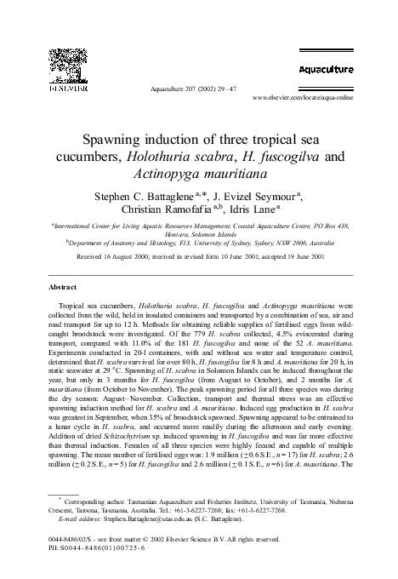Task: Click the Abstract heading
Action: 65,289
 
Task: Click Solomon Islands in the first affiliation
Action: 221,233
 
